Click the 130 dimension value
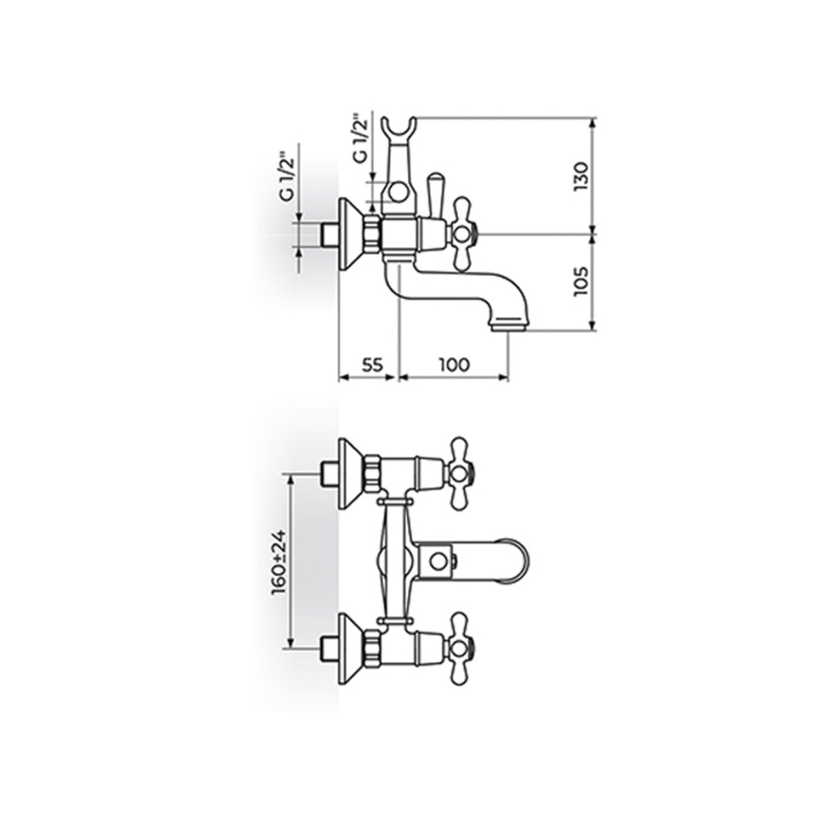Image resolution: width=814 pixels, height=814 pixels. pyautogui.click(x=581, y=176)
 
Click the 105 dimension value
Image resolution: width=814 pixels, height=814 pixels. pyautogui.click(x=581, y=282)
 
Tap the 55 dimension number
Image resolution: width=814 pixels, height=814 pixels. pyautogui.click(x=372, y=364)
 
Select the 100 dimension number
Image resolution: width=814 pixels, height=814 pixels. pyautogui.click(x=454, y=364)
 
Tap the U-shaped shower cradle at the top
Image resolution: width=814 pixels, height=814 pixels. pyautogui.click(x=399, y=129)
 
